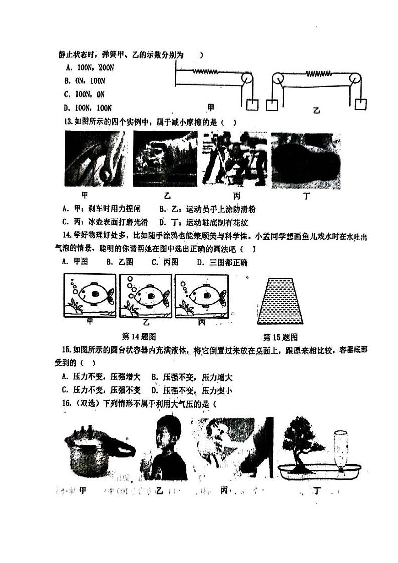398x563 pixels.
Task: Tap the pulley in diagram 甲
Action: [246, 79]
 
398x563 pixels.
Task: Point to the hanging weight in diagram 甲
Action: [252, 105]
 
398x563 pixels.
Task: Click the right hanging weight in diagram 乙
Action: [360, 104]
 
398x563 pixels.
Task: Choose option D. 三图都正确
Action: [222, 262]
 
